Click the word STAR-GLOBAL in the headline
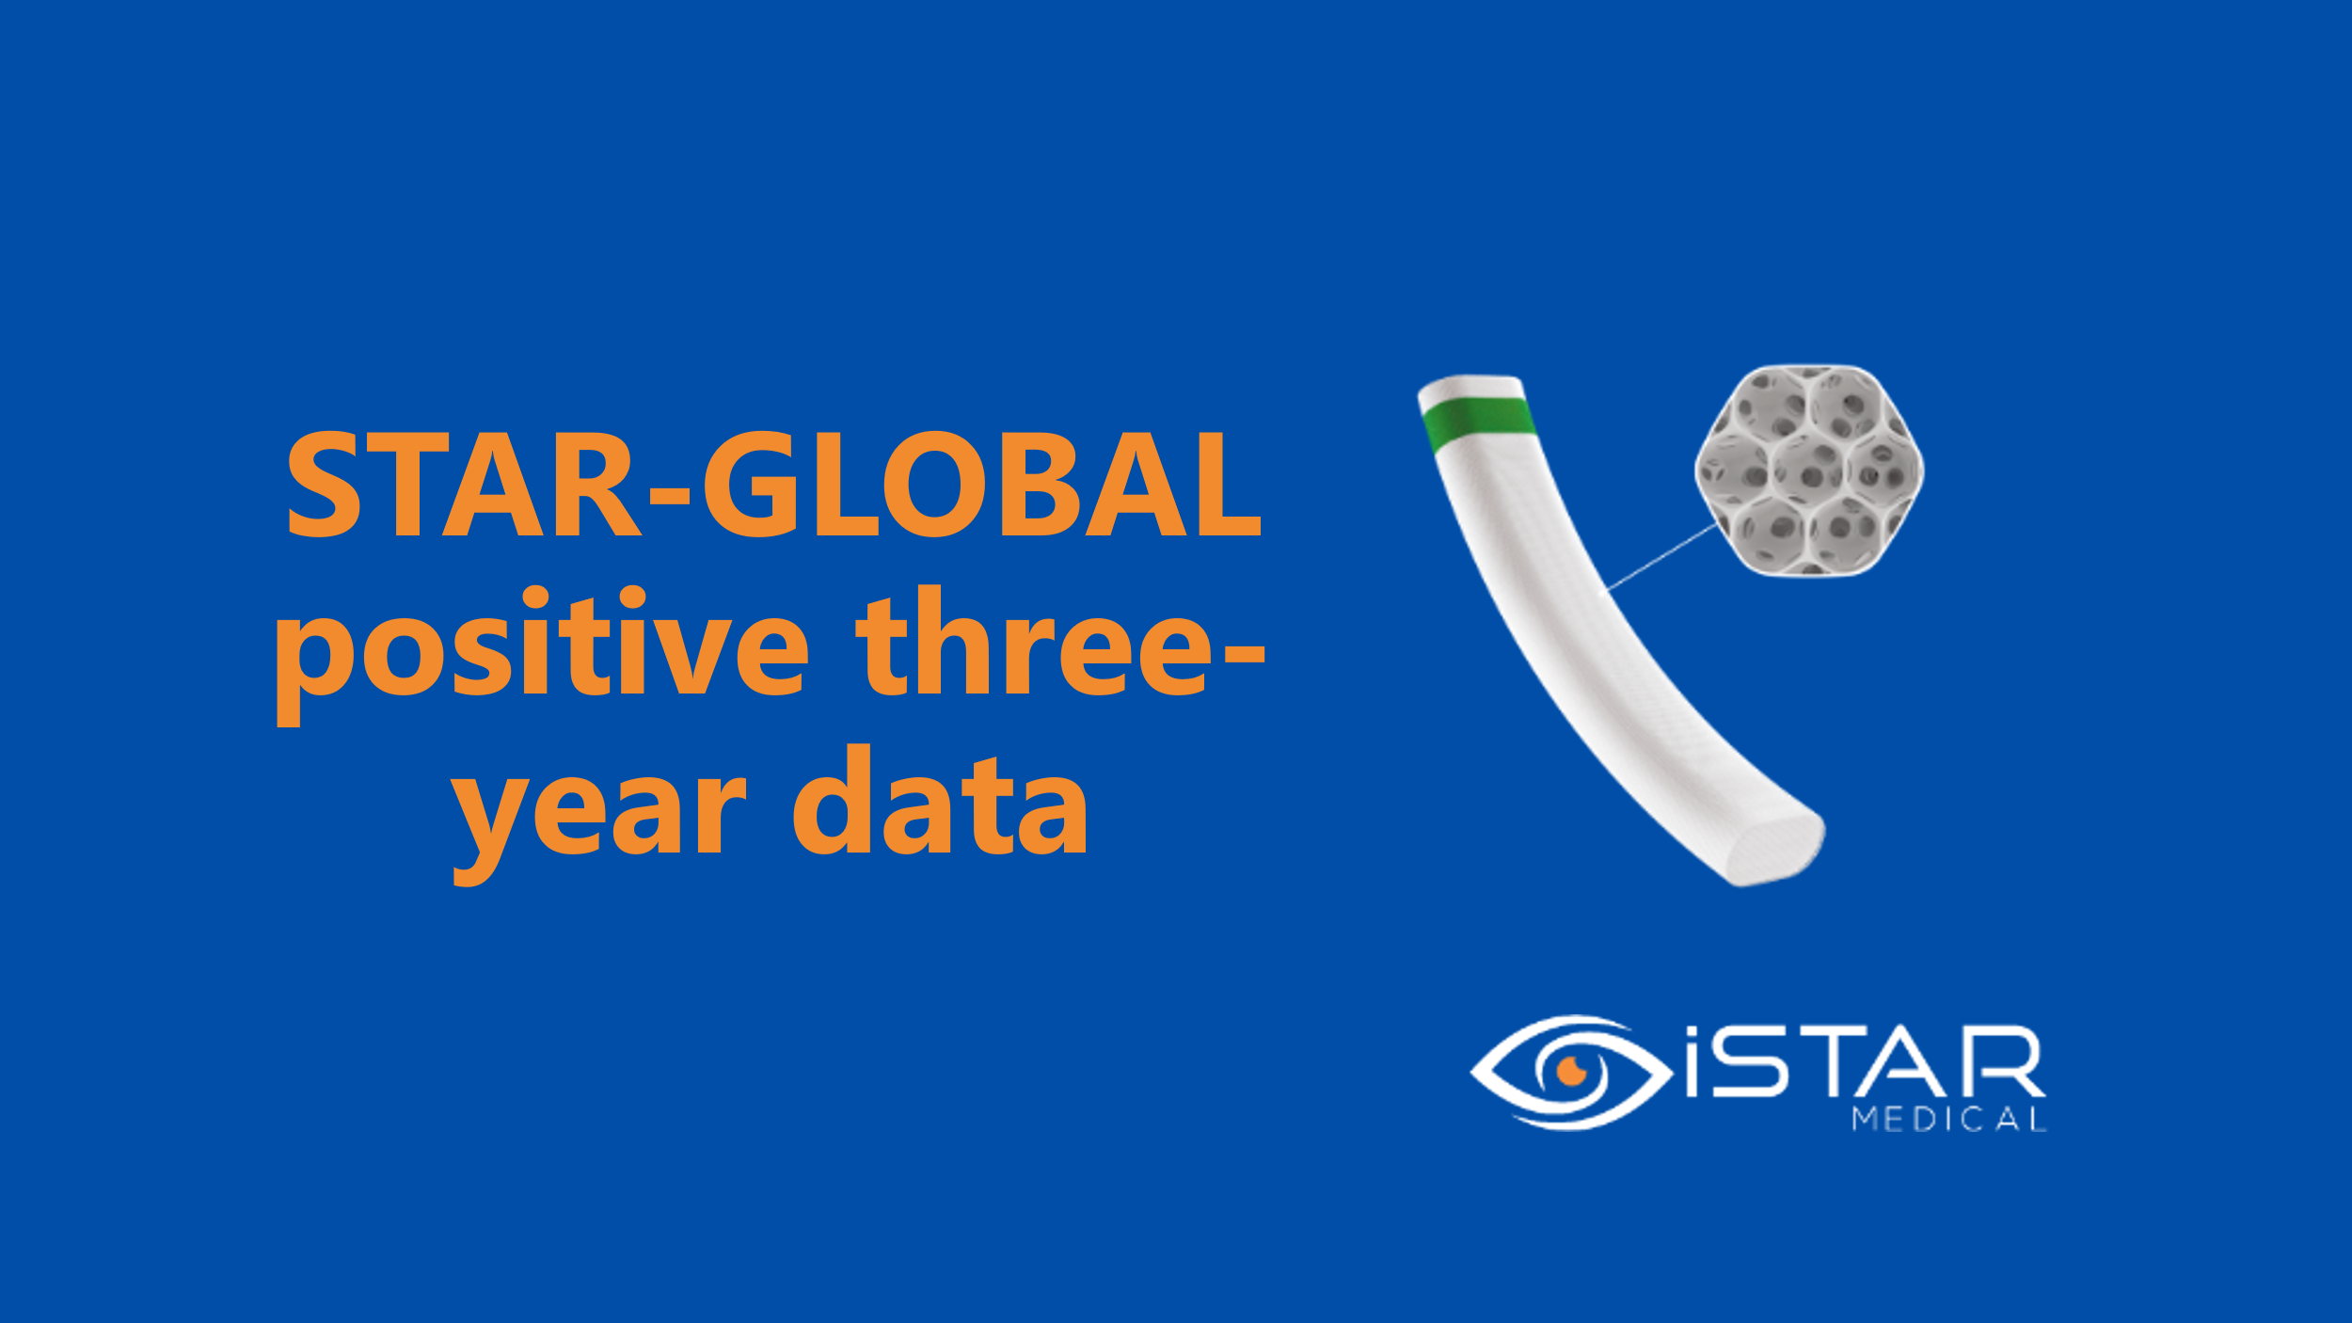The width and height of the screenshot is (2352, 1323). (x=773, y=486)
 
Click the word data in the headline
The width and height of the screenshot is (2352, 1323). (x=940, y=800)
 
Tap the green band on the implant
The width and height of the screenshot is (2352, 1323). (x=1479, y=421)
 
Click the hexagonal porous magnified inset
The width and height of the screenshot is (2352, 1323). (x=1808, y=470)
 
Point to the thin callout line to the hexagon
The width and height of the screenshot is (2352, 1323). (x=1663, y=556)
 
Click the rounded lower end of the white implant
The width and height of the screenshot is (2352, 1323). (x=1775, y=849)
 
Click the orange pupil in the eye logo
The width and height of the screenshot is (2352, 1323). (x=1571, y=1070)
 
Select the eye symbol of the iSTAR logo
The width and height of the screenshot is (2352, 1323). (x=1571, y=1072)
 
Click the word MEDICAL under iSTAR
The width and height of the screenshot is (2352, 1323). (x=1949, y=1120)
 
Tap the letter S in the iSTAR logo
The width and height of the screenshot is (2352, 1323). (x=1748, y=1062)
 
